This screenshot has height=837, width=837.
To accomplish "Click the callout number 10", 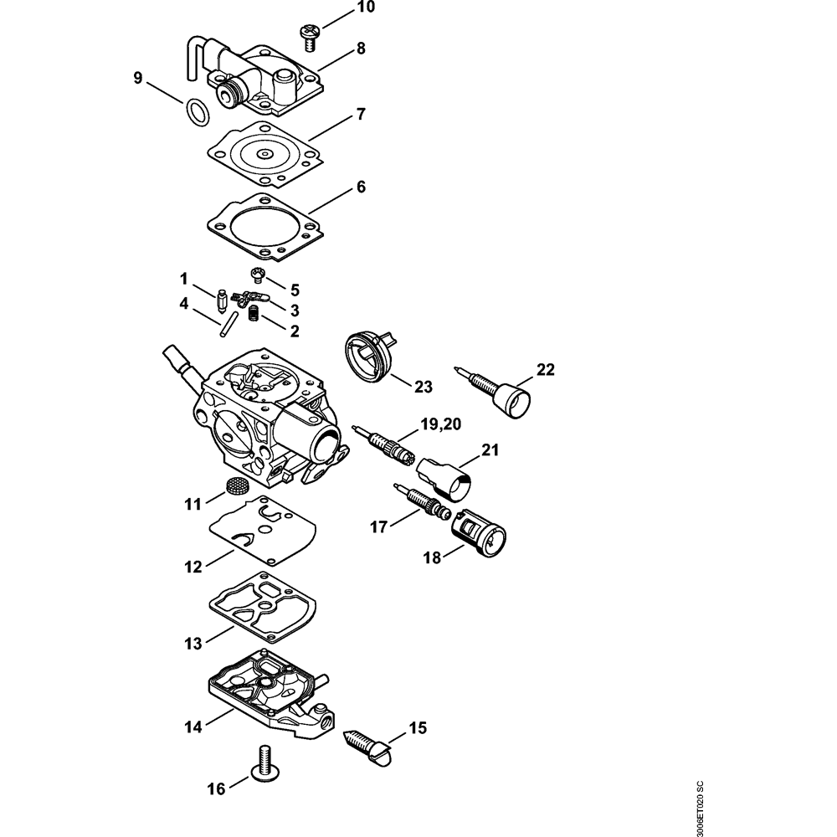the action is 366,8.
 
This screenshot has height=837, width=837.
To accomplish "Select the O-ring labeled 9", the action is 197,113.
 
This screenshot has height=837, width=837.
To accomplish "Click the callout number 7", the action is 361,114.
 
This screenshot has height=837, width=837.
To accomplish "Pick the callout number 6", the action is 361,187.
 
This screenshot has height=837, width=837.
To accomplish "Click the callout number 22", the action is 546,369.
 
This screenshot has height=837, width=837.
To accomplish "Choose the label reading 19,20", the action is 441,424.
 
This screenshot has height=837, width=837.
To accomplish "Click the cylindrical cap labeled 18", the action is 478,535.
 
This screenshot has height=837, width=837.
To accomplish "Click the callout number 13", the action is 193,643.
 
